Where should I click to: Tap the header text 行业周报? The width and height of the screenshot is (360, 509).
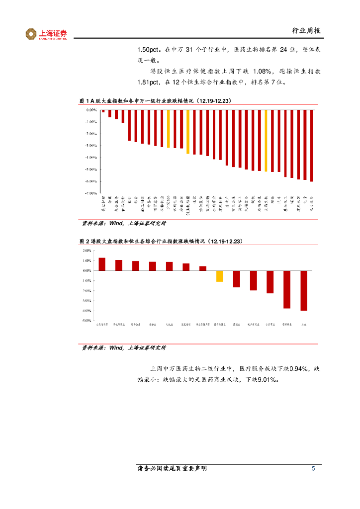306,31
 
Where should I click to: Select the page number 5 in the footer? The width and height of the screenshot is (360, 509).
313,469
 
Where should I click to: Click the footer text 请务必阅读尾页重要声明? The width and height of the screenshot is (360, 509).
172,469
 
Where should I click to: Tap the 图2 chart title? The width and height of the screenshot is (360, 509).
161,241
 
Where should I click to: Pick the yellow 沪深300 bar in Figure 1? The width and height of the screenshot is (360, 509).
169,129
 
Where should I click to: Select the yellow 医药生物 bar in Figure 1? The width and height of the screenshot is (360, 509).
266,141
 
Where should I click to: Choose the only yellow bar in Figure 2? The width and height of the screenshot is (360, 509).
219,276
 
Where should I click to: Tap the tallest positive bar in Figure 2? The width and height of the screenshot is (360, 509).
102,264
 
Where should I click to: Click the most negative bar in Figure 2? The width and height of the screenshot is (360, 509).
304,291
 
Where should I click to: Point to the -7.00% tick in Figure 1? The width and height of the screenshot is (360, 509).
90,193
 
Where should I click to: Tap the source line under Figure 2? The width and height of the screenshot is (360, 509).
124,348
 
